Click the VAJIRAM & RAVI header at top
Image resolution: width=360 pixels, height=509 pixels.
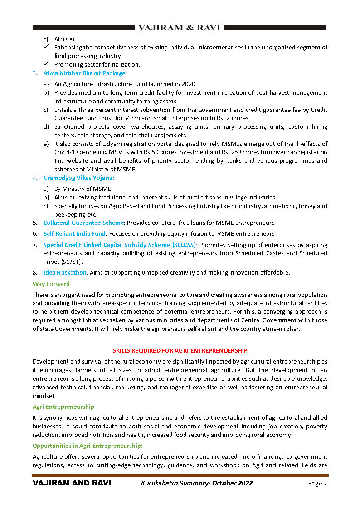[x=179, y=28]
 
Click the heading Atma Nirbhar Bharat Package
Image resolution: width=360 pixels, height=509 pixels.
[x=85, y=73]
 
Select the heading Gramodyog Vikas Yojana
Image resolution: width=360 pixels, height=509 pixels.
[x=79, y=178]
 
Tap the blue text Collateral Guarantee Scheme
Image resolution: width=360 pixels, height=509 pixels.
[x=84, y=223]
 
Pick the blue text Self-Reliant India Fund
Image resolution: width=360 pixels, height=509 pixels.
[x=75, y=233]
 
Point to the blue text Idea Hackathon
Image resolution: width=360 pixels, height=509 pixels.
[x=65, y=272]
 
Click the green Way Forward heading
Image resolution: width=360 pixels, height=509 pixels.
[x=51, y=284]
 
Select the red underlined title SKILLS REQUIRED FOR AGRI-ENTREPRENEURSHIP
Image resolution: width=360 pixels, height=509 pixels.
[x=180, y=350]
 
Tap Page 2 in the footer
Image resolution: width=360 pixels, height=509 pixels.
[x=317, y=483]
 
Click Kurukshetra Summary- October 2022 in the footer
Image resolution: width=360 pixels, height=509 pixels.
[x=196, y=483]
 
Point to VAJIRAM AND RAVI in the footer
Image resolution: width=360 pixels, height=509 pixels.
[x=72, y=483]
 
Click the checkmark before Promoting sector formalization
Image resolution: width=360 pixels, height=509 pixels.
[x=46, y=64]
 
